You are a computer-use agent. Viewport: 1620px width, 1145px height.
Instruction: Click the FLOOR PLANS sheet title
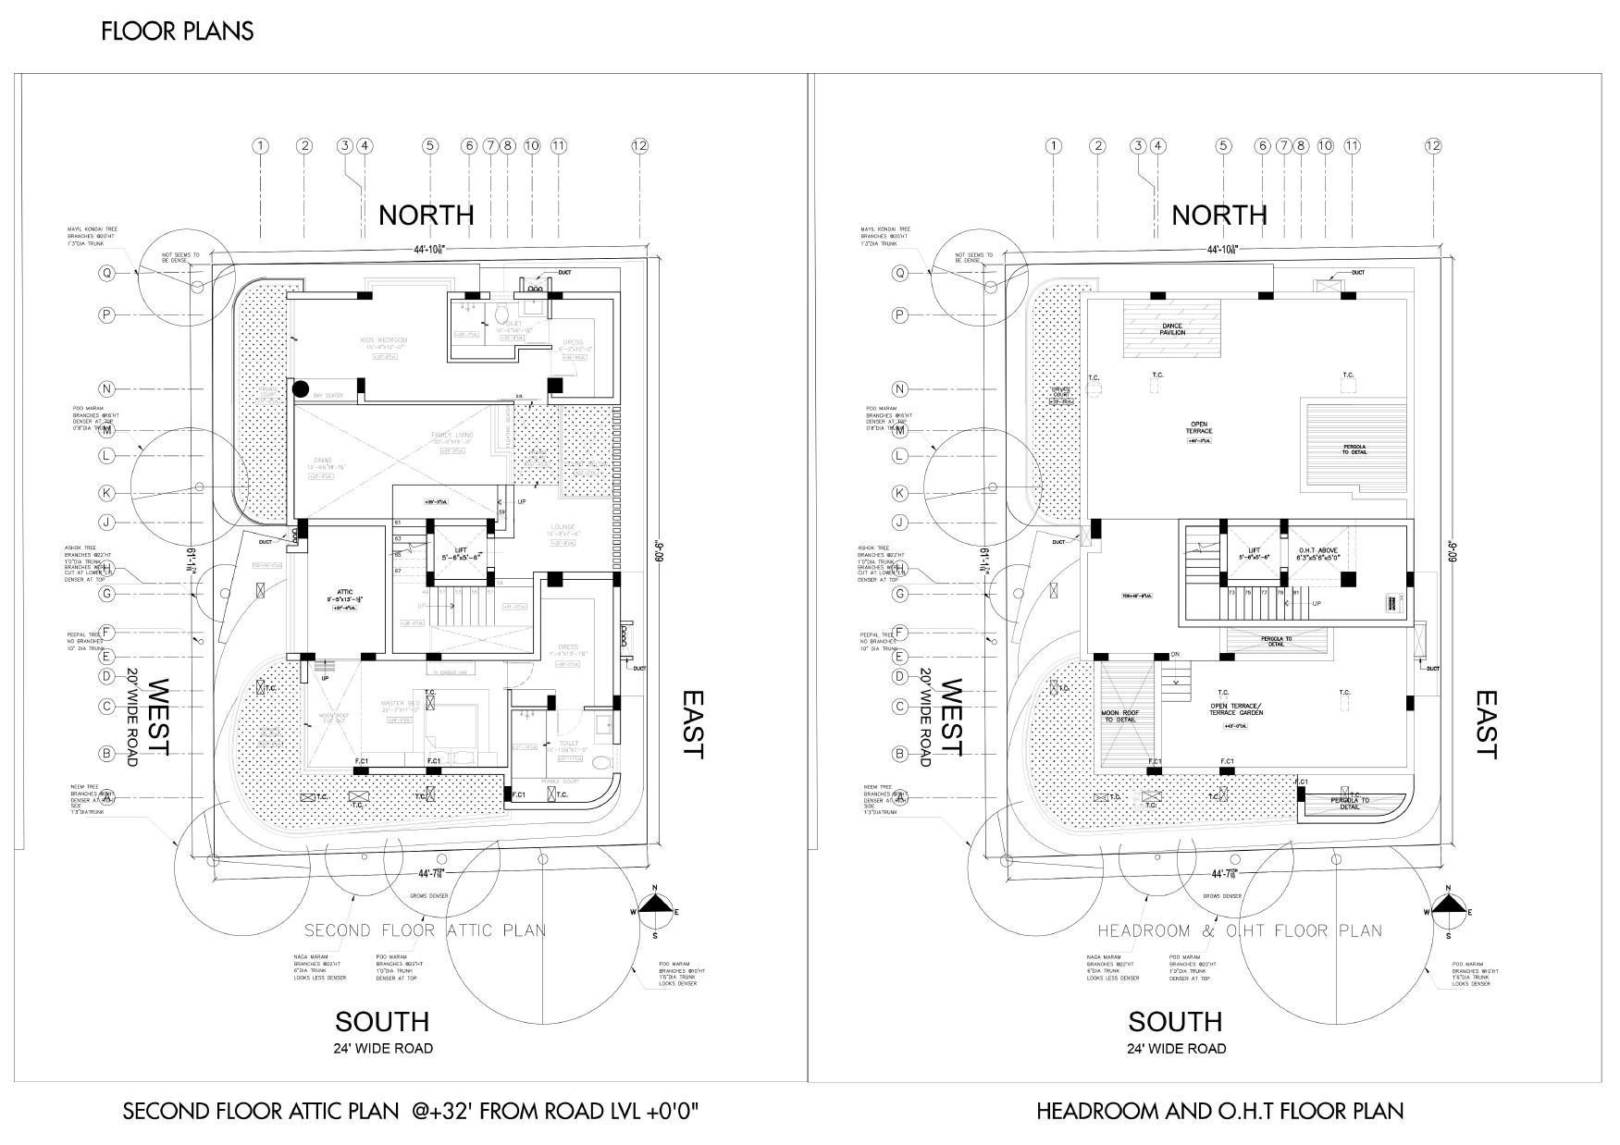click(177, 31)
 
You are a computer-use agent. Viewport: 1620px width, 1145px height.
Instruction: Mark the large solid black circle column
click(301, 389)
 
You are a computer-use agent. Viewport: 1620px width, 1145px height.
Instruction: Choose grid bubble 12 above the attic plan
click(639, 145)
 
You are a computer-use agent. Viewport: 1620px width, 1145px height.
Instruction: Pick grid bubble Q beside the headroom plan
click(899, 273)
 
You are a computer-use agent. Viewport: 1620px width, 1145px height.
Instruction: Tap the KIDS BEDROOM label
click(384, 340)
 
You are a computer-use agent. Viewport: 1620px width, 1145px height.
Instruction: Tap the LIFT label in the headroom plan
click(1254, 552)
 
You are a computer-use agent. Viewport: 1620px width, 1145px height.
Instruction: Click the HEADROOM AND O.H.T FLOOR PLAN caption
click(1219, 1111)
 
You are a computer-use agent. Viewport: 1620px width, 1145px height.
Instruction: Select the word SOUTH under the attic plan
click(382, 1022)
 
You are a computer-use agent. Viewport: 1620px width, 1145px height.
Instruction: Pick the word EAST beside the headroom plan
click(1485, 723)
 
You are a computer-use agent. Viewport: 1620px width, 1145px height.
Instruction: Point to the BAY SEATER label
click(328, 396)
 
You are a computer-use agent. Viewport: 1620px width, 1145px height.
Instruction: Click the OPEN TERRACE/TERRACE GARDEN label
click(1235, 709)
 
